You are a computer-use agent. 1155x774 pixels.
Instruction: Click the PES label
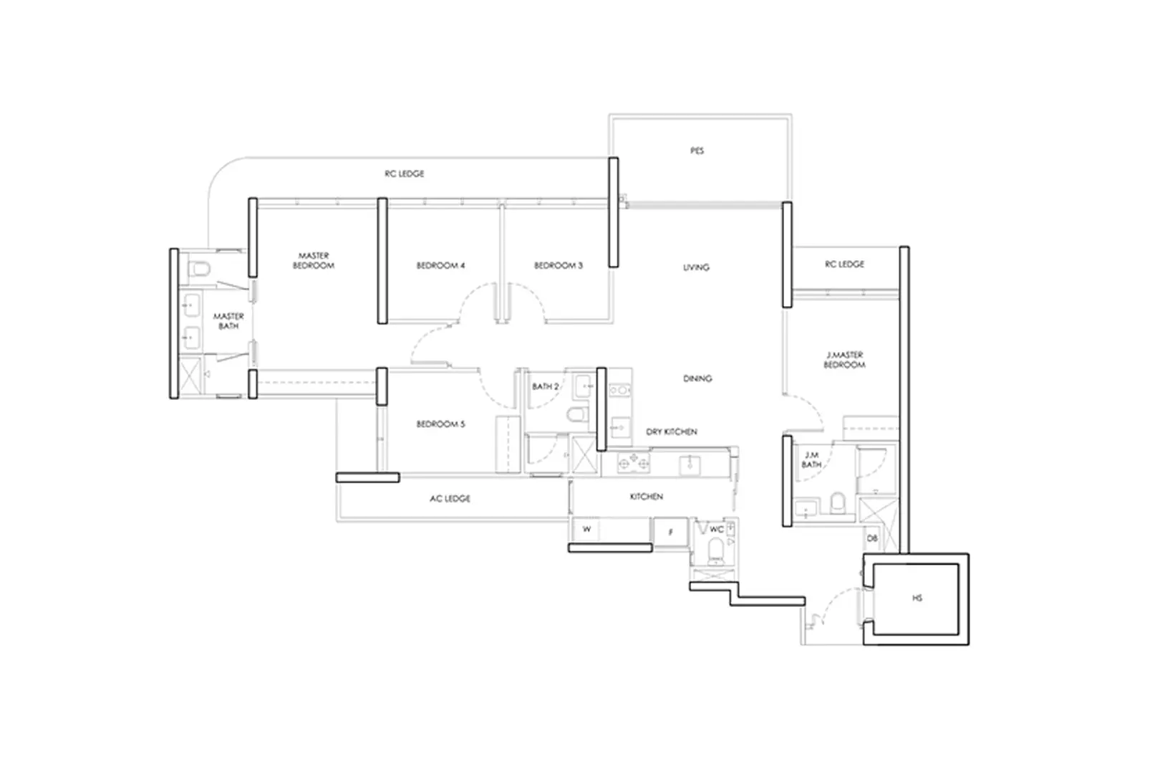click(697, 151)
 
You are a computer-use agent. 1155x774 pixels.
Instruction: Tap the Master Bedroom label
click(314, 261)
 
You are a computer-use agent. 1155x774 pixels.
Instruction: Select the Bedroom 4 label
click(440, 266)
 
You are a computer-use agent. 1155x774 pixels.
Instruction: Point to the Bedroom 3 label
click(559, 266)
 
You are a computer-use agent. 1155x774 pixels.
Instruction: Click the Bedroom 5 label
click(440, 424)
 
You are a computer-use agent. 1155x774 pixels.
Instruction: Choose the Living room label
click(696, 267)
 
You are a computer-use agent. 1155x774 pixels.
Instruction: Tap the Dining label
click(697, 378)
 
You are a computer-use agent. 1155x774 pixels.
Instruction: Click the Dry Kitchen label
click(672, 432)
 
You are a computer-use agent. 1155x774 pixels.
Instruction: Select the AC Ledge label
click(450, 499)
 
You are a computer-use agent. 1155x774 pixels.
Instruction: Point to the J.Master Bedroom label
click(844, 360)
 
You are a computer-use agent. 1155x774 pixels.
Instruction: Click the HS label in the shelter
click(918, 598)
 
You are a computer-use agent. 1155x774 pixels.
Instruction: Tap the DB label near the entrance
click(872, 538)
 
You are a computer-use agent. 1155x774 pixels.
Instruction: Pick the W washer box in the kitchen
click(587, 530)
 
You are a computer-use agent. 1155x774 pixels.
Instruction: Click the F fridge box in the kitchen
click(670, 532)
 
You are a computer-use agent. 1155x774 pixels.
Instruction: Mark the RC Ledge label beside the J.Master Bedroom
click(844, 264)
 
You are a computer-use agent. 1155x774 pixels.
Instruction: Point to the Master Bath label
click(228, 321)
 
